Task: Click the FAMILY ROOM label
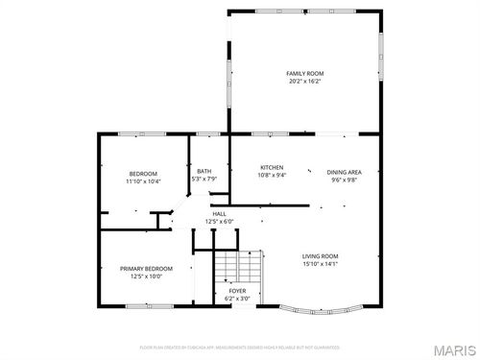pos(305,73)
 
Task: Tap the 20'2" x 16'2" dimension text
pos(305,82)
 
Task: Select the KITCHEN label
pos(272,167)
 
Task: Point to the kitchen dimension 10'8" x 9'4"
pos(272,176)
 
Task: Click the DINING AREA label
pos(344,171)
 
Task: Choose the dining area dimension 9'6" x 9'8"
pos(344,180)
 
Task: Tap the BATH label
pos(204,170)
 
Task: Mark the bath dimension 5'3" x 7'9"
pos(204,179)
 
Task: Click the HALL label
pos(219,213)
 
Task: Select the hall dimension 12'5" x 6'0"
pos(219,222)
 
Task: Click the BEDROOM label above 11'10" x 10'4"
pos(143,173)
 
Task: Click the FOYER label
pos(235,292)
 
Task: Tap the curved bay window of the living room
pos(321,311)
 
